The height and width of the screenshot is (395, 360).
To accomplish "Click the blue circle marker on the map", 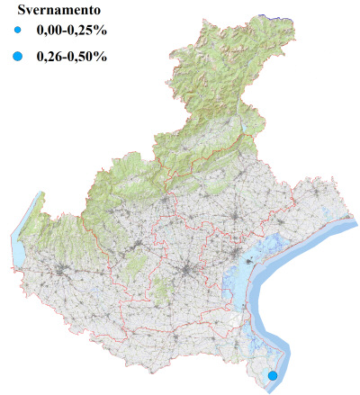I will coord(273,375).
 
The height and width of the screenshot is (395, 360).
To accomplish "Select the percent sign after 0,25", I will coord(102,34).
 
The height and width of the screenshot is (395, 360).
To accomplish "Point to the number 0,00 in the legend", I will coord(50,34).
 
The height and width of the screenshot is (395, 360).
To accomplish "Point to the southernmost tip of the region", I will coord(270,390).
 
